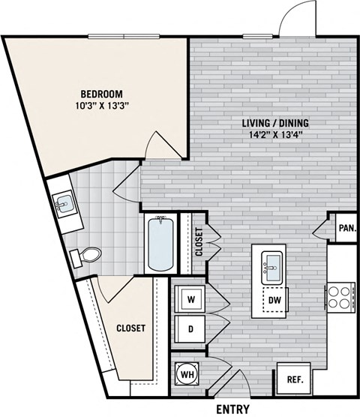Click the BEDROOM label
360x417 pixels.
(102, 94)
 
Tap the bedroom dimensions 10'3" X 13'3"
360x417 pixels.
(102, 106)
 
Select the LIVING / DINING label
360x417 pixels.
(275, 123)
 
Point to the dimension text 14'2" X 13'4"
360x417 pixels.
(275, 135)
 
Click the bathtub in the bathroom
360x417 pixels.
(160, 244)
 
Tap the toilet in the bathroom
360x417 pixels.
(86, 255)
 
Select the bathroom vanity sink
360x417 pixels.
(64, 203)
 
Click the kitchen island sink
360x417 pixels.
(271, 268)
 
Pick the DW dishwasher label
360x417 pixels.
(274, 300)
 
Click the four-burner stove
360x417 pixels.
(340, 297)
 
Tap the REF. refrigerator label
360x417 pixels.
(295, 379)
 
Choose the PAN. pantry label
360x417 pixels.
(347, 228)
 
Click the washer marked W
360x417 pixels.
(190, 298)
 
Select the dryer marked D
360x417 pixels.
(190, 329)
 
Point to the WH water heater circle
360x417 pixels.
(187, 374)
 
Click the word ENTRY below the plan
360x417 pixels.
(233, 409)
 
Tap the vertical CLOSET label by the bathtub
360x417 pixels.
(199, 241)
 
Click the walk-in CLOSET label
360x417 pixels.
(131, 328)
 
